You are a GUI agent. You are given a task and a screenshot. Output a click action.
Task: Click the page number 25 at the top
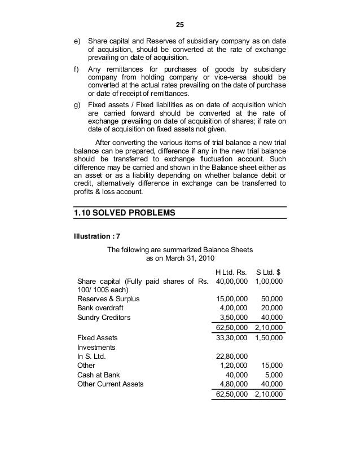(180, 25)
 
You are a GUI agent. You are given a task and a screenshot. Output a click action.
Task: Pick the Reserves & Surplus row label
(108, 298)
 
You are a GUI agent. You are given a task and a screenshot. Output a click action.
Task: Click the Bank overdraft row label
(100, 308)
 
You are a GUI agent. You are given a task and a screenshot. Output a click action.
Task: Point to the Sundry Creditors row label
(104, 318)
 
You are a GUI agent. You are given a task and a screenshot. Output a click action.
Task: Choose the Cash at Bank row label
(99, 374)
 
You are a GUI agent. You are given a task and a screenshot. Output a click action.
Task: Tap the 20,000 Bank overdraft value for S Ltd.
(272, 308)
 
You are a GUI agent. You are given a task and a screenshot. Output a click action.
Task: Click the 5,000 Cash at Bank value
(274, 374)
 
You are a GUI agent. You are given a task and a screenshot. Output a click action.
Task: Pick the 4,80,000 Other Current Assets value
(233, 384)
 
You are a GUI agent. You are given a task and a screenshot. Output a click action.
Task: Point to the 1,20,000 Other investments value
(233, 365)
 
